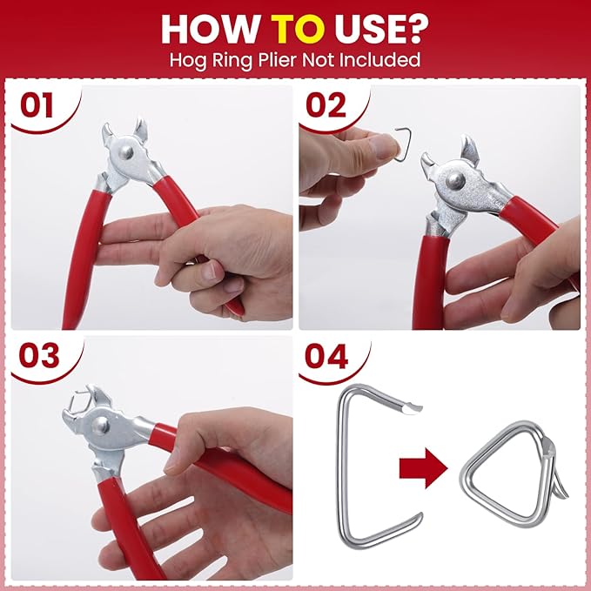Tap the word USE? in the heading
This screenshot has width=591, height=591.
381,30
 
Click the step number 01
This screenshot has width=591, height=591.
37,105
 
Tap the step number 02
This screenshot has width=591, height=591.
326,105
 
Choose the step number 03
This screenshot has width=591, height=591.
39,356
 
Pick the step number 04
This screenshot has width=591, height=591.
326,356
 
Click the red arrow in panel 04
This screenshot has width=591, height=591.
423,468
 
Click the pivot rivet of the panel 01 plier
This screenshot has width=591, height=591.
125,152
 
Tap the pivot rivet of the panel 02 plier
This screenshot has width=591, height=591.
453,180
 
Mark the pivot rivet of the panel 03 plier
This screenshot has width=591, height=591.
101,426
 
